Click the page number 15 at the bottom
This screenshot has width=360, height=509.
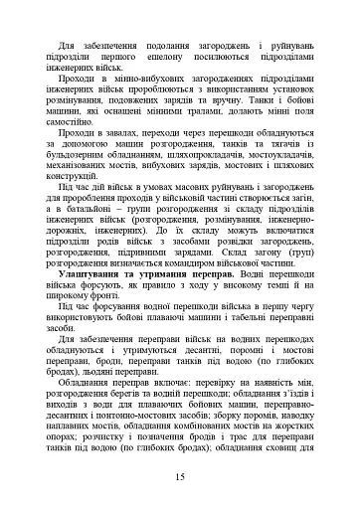pyautogui.click(x=179, y=477)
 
